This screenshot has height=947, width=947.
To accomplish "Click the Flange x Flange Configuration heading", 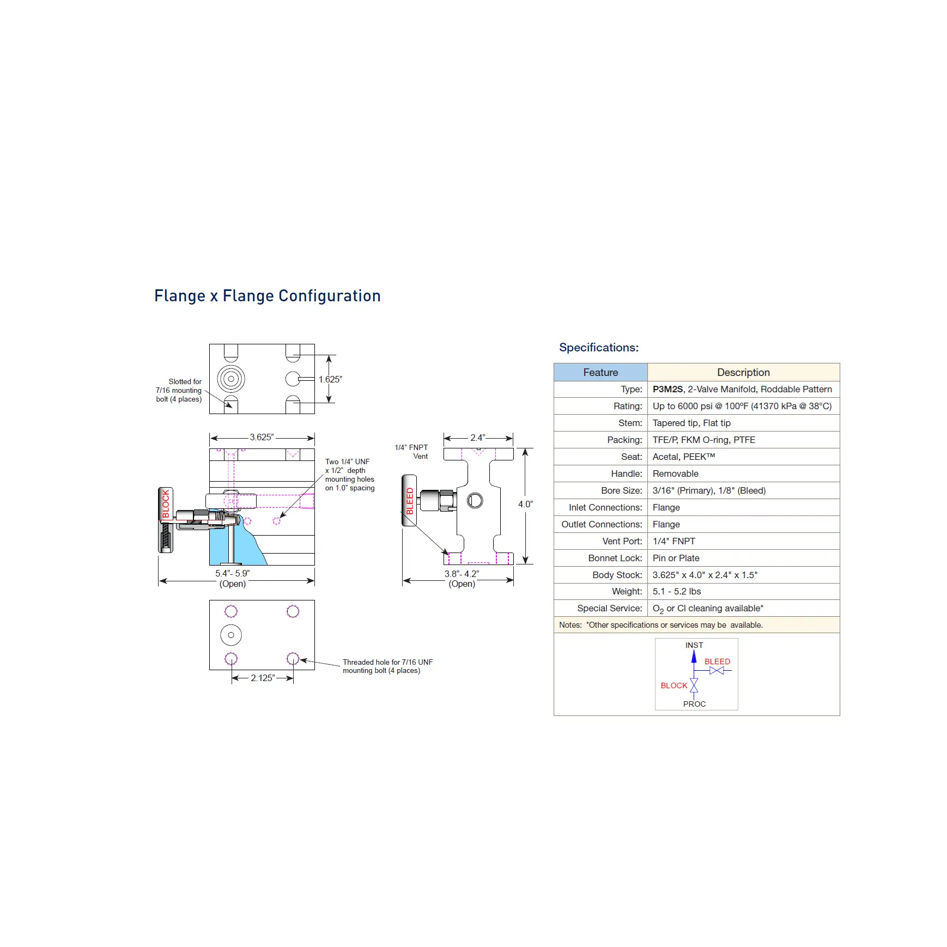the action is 268,296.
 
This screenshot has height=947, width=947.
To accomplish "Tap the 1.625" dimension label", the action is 330,379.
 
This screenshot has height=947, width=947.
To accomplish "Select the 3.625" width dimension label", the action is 262,437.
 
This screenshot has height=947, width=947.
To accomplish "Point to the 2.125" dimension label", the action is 263,678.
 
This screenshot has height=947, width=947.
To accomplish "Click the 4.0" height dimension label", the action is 525,504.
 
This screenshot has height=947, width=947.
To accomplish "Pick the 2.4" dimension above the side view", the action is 478,438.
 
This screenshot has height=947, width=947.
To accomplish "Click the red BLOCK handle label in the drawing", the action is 166,503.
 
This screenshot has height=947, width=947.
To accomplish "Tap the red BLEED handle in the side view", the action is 409,501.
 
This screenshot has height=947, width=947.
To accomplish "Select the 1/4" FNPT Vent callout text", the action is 411,452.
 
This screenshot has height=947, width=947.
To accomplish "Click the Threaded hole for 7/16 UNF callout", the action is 387,666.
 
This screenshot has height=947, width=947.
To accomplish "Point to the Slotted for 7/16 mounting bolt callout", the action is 179,390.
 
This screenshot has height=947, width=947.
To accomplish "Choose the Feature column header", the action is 600,372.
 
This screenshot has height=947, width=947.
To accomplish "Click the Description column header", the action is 743,372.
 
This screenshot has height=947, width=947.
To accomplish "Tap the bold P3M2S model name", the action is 667,389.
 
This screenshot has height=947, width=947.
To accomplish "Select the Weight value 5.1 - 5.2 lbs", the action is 677,591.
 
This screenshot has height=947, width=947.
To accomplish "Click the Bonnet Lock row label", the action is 615,558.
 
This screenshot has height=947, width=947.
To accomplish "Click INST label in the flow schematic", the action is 694,645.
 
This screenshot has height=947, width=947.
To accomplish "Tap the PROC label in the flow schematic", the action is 694,704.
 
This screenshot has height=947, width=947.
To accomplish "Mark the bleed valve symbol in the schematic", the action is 717,670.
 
